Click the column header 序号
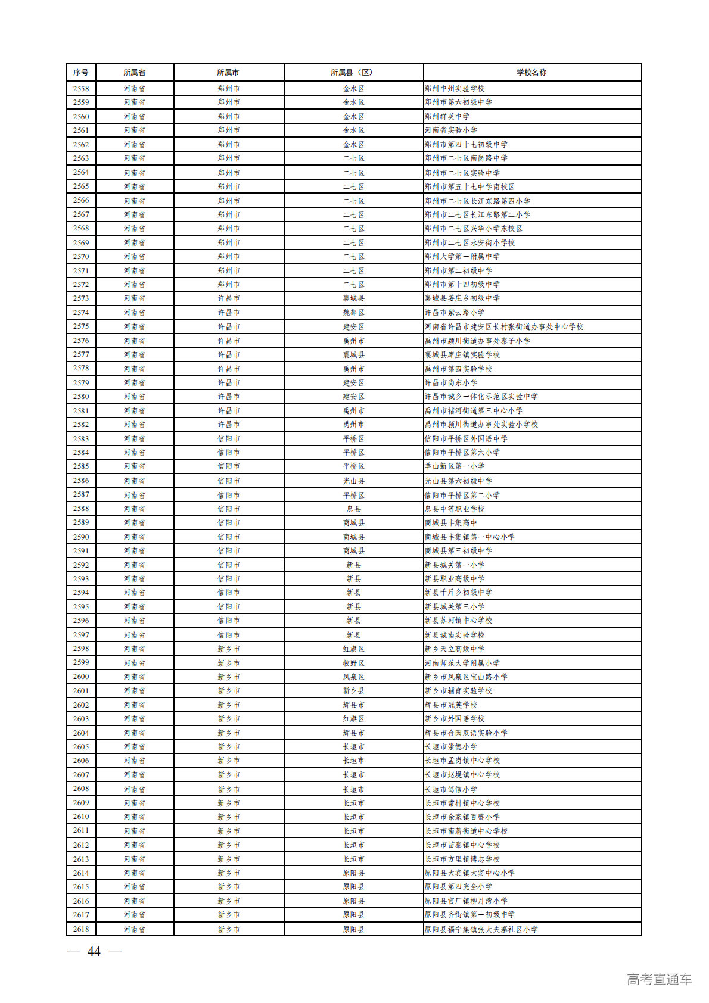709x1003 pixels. pos(81,73)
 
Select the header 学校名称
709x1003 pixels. pos(531,73)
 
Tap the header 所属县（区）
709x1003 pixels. pos(353,73)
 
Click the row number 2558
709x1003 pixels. pos(81,89)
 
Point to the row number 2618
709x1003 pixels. pos(81,929)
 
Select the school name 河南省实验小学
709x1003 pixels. pos(451,130)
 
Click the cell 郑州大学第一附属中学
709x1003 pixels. pos(462,257)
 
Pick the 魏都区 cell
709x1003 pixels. pos(353,313)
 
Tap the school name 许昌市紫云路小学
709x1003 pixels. pos(455,313)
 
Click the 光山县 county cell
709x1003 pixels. pos(353,481)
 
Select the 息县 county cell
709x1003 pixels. pos(353,509)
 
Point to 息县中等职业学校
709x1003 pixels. pos(455,509)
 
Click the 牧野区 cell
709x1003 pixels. pos(353,664)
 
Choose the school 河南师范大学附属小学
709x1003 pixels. pos(462,664)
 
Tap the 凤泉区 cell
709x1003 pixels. pos(353,677)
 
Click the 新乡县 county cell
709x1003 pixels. pos(353,691)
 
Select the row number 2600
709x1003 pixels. pos(81,677)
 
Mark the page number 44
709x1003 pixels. pos(94,952)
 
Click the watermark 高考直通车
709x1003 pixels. pos(659,980)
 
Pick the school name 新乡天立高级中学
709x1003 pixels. pos(455,649)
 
